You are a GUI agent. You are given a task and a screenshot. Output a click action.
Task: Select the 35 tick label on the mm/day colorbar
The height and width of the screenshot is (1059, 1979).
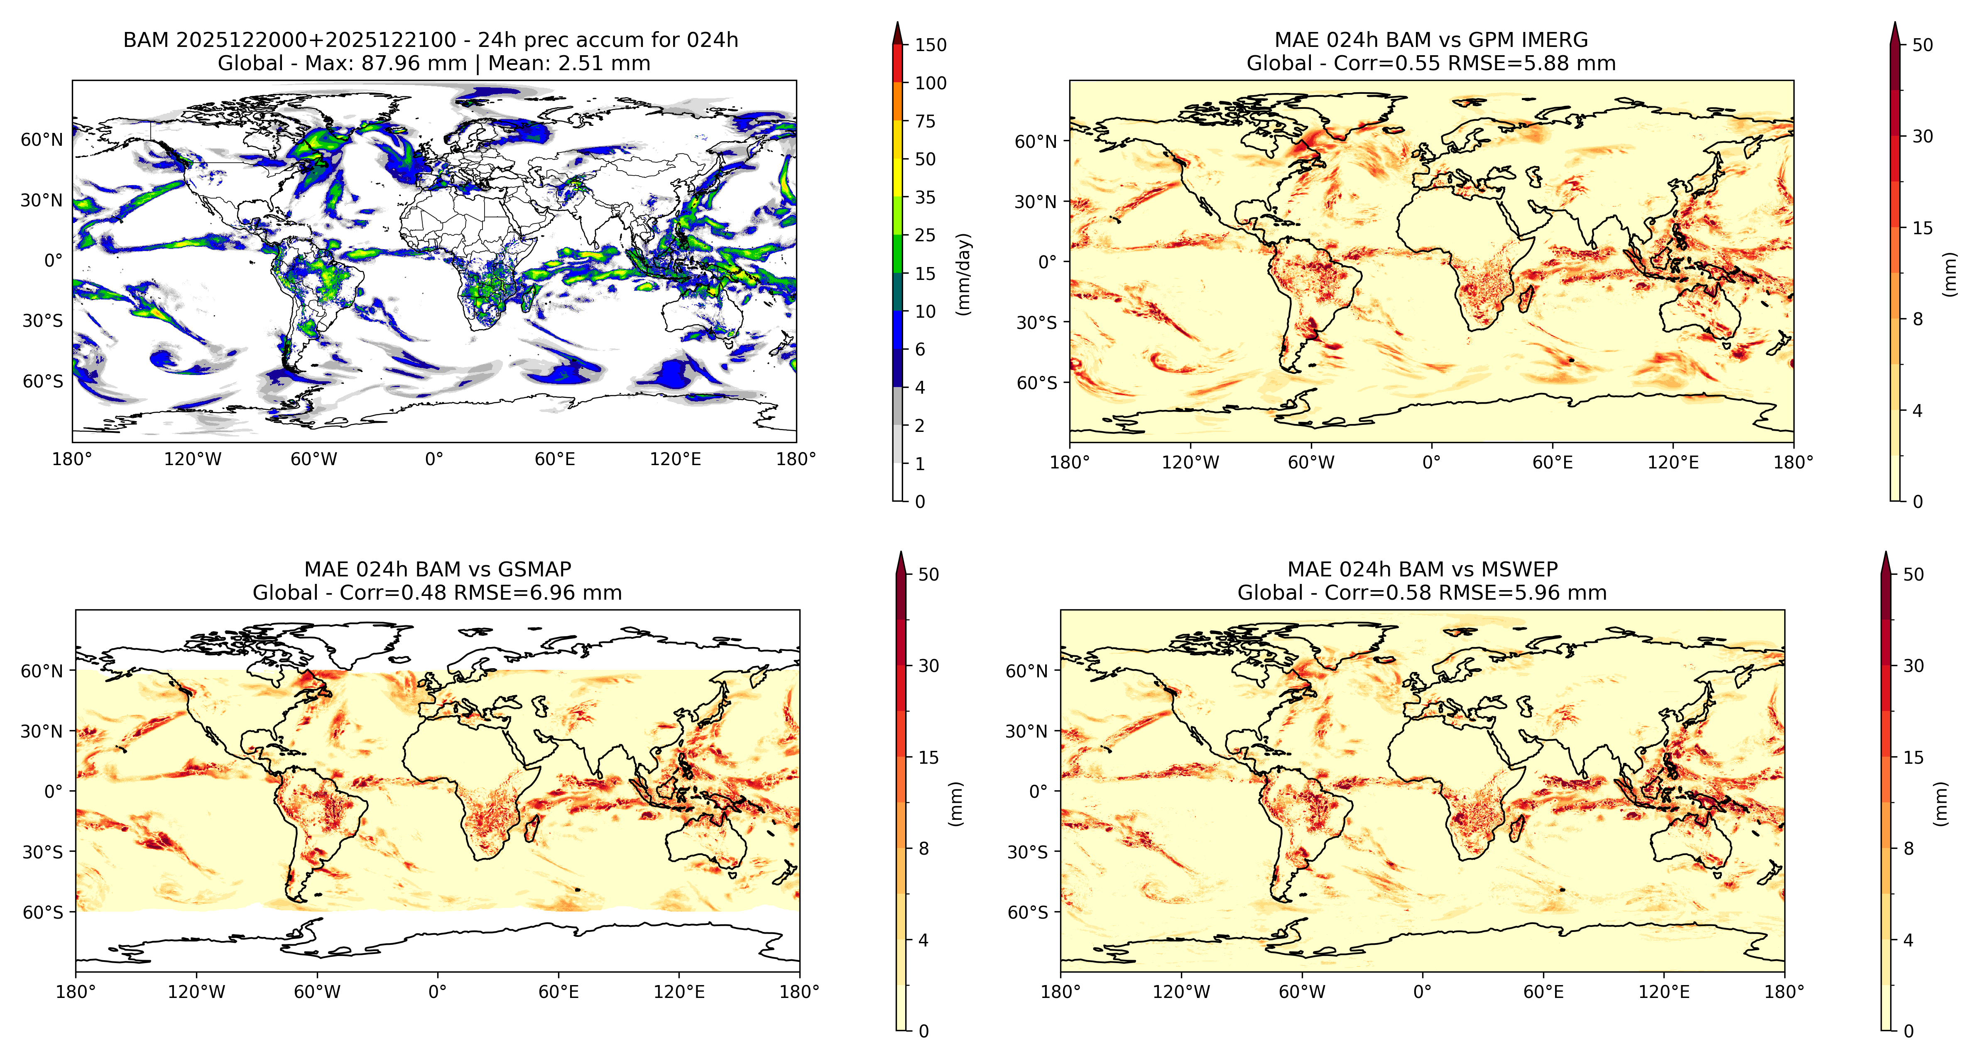pos(925,198)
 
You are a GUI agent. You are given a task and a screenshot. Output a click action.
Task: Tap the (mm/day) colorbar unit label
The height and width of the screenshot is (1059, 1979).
pos(963,274)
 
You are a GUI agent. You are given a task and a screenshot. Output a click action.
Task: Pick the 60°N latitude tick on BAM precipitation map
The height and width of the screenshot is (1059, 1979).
pos(42,140)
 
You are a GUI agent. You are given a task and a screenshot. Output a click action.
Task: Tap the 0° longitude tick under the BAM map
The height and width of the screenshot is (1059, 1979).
pos(434,460)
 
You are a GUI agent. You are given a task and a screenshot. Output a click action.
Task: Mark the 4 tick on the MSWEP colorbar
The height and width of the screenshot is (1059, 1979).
pos(1908,940)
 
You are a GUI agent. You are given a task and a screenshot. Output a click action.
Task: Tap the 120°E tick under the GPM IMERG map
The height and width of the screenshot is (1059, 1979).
pos(1673,463)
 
